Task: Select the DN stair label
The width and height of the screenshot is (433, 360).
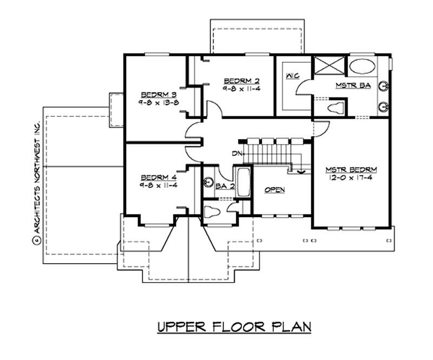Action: click(237, 154)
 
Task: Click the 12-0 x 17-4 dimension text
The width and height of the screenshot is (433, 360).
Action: click(352, 177)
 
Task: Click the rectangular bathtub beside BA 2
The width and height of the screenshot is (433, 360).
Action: click(242, 182)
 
